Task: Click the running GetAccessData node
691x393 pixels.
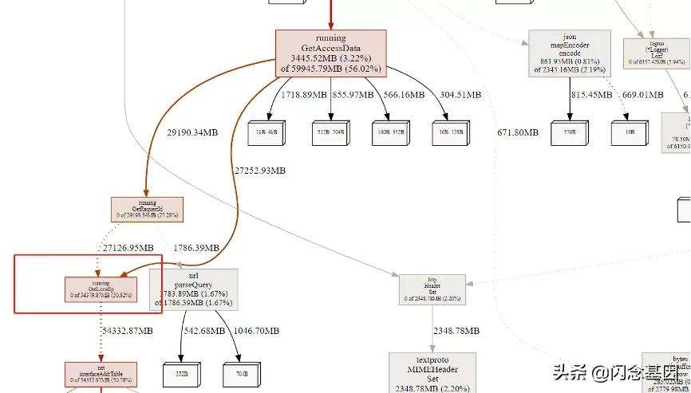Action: coord(330,53)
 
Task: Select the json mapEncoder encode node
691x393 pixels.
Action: coord(570,53)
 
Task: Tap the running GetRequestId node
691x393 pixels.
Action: coord(147,209)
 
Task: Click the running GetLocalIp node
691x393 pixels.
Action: coord(101,289)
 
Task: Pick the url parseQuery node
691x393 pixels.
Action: coord(194,289)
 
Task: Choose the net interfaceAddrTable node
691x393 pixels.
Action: coord(101,374)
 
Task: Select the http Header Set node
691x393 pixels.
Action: coord(432,289)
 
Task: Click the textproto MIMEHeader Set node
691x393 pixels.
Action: coord(432,372)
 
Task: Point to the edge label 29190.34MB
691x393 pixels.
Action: coord(192,132)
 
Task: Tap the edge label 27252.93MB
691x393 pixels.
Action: coord(260,171)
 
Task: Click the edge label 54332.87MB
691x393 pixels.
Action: coord(132,331)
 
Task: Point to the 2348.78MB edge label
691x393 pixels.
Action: coord(457,330)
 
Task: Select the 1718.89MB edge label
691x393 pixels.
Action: coord(304,95)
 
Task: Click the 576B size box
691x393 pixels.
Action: coord(570,132)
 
